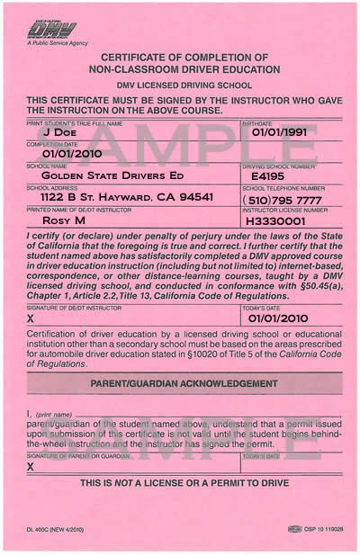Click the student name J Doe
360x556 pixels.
point(60,131)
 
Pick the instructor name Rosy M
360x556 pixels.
point(66,219)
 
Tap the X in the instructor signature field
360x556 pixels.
point(31,318)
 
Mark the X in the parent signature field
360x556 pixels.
point(31,467)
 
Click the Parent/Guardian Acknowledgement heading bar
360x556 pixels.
point(180,382)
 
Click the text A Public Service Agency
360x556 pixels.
point(58,41)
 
